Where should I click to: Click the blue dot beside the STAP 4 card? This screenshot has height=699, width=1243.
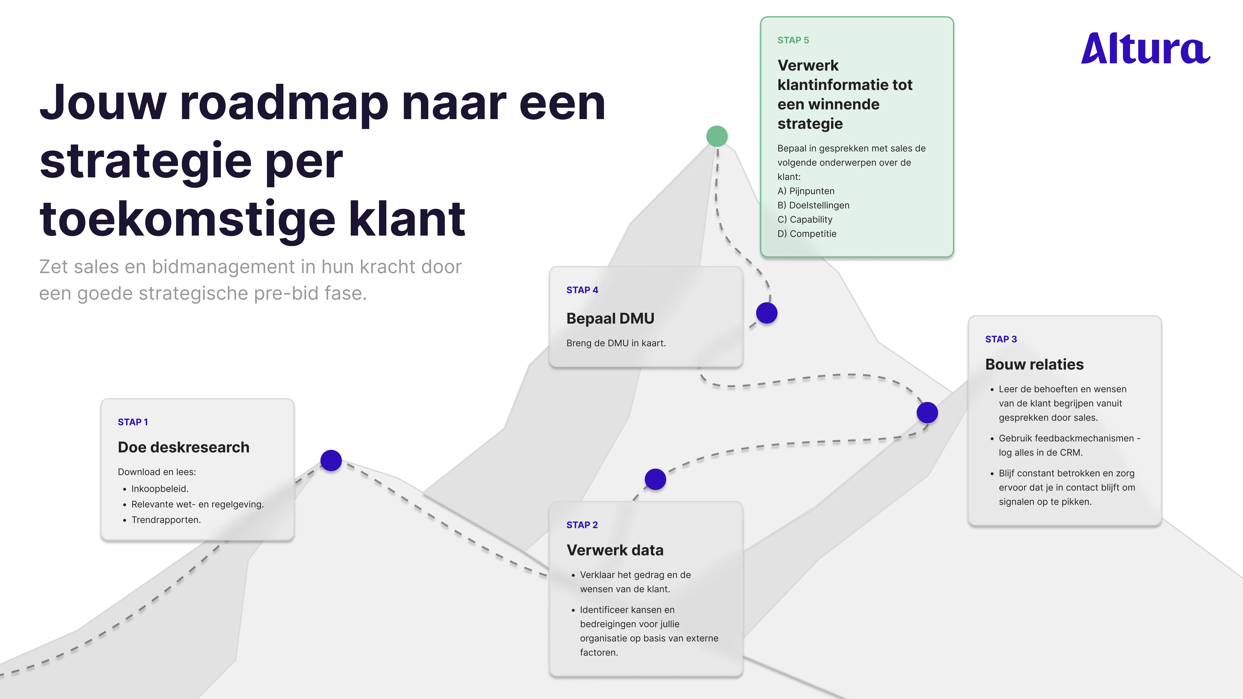(x=766, y=313)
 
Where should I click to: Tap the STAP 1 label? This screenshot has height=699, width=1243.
(x=133, y=422)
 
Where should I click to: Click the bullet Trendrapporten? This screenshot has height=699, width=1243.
(x=166, y=520)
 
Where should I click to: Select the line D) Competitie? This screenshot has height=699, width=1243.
(x=807, y=234)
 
